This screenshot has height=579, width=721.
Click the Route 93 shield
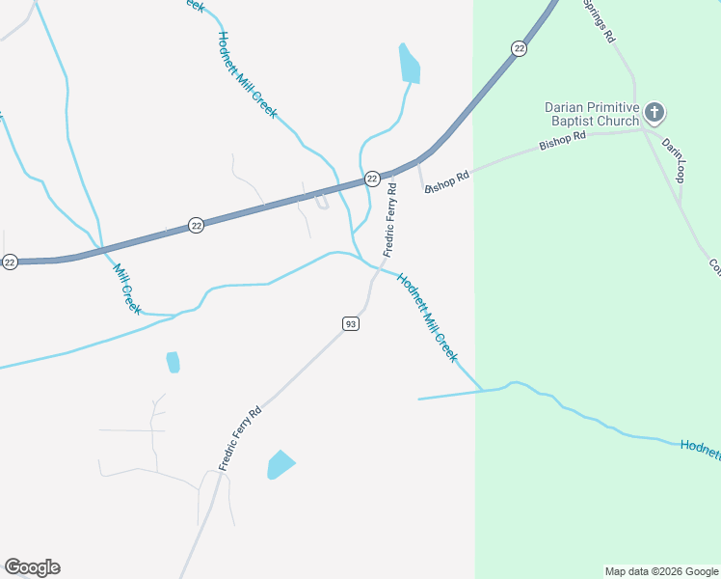click(351, 324)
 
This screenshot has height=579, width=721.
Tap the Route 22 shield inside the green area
click(520, 48)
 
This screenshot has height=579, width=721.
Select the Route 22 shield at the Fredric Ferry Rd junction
click(371, 179)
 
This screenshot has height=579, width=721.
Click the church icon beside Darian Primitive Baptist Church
click(654, 114)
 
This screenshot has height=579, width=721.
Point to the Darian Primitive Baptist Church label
click(592, 114)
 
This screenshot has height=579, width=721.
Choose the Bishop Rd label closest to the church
click(563, 141)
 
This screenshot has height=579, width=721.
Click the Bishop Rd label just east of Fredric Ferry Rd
click(447, 181)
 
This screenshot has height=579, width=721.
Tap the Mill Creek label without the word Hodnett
click(127, 289)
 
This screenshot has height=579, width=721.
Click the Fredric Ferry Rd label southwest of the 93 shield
click(240, 438)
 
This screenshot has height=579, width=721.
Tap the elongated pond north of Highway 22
click(409, 64)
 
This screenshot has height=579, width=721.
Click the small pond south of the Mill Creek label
click(173, 362)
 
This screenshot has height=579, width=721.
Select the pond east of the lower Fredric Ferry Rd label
click(280, 464)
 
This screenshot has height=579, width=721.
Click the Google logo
click(32, 567)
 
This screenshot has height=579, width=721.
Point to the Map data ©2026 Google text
click(660, 571)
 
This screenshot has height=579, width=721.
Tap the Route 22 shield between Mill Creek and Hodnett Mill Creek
click(197, 225)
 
